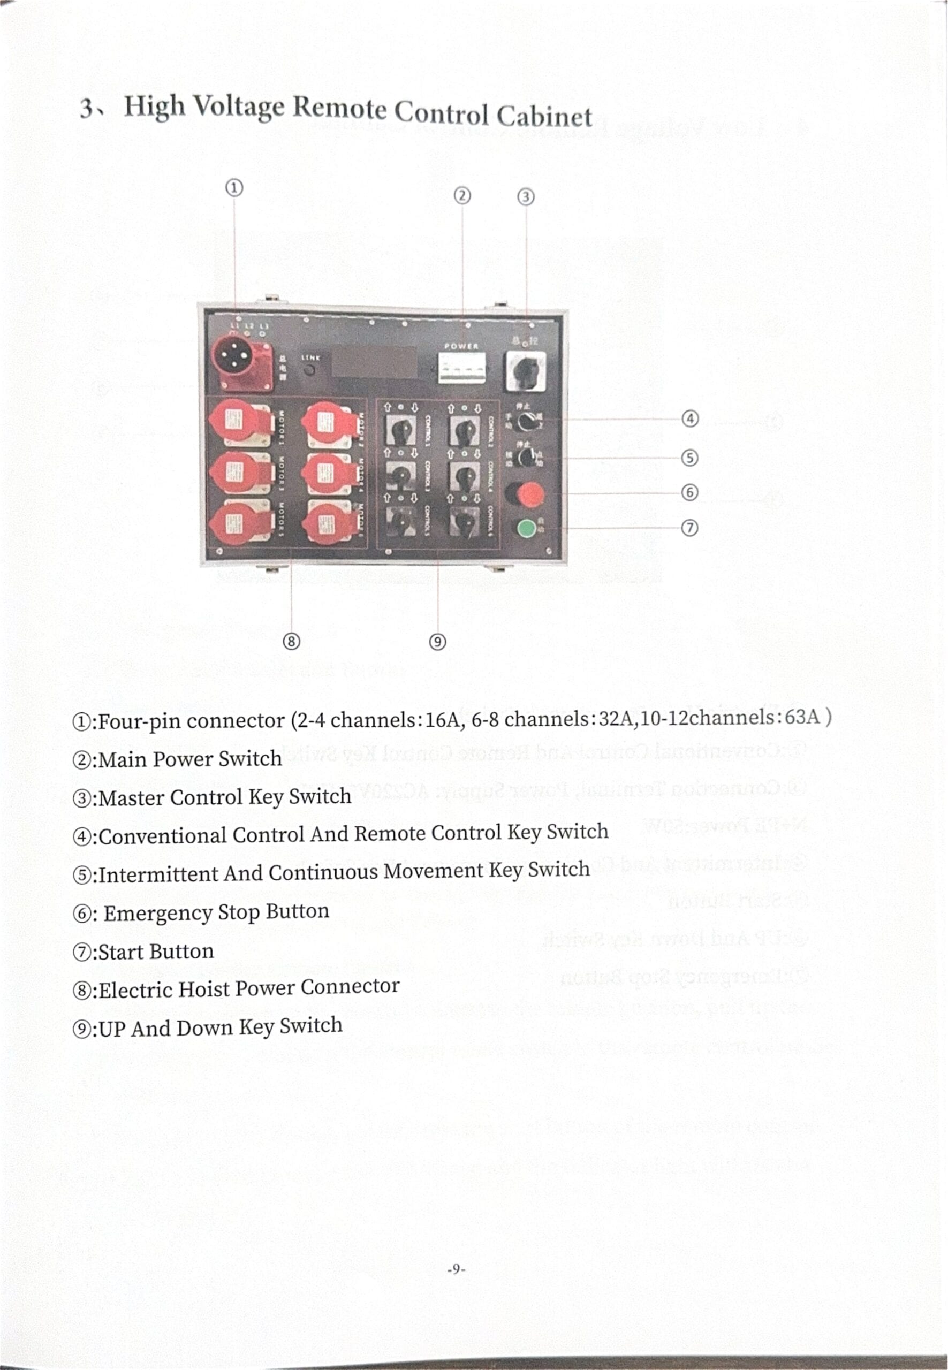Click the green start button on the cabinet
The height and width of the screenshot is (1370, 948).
[526, 527]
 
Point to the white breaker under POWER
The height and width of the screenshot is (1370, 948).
[461, 368]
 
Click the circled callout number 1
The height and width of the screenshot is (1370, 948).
[234, 188]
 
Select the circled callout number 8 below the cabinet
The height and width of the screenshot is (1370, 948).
[291, 641]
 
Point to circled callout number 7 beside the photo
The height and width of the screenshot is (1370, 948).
[689, 527]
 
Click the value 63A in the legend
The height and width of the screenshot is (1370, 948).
[802, 717]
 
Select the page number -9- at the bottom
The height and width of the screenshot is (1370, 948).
[456, 1269]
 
